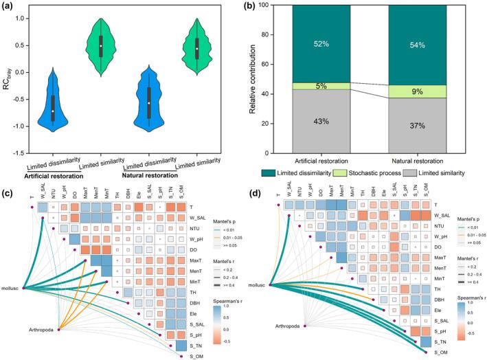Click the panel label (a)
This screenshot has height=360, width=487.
(9, 8)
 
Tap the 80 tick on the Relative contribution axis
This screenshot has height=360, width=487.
(269, 36)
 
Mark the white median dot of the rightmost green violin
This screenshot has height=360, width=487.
(197, 49)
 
